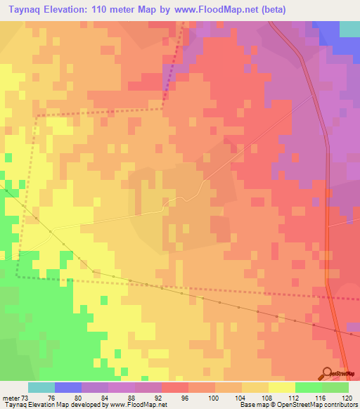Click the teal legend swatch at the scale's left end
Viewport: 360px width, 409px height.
tap(41, 387)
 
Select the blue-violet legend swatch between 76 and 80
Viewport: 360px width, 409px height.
tap(68, 387)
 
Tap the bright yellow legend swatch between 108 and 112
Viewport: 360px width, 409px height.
tap(282, 387)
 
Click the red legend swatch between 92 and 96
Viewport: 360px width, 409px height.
tap(175, 387)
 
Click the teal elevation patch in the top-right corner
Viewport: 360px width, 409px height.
tap(349, 28)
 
